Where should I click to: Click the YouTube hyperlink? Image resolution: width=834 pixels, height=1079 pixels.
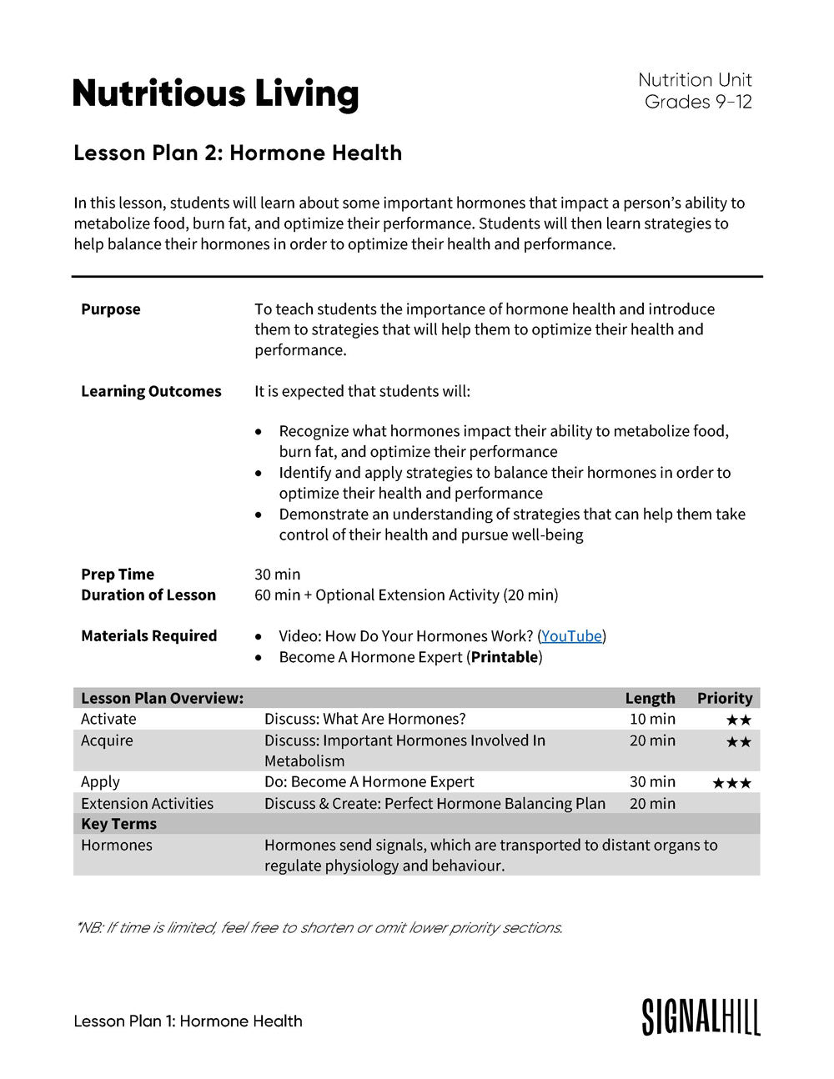(x=571, y=636)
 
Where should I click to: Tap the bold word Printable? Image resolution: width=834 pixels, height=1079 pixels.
(x=504, y=657)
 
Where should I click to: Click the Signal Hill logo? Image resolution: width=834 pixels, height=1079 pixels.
(x=701, y=1016)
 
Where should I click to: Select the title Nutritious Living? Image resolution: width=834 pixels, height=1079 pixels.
(x=215, y=93)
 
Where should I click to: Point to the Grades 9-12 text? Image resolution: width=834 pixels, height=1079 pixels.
(x=698, y=102)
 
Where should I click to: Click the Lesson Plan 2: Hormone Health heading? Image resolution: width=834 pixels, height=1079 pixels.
(x=238, y=153)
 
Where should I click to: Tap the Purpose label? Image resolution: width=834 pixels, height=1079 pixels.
(x=111, y=309)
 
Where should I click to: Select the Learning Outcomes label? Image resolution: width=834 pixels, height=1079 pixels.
(x=151, y=391)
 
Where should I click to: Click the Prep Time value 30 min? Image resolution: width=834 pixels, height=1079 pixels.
(x=277, y=575)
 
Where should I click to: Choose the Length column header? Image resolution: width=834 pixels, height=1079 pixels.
(x=650, y=698)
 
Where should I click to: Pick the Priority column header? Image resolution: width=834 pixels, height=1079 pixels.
(x=724, y=698)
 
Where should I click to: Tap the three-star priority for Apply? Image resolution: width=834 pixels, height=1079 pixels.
(x=731, y=783)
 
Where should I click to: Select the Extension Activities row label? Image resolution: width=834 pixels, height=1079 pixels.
(x=147, y=803)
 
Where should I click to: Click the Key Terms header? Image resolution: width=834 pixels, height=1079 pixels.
(x=118, y=824)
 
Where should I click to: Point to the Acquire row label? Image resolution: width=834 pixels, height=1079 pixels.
(x=107, y=740)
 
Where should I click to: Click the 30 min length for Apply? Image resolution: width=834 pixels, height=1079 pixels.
(x=652, y=781)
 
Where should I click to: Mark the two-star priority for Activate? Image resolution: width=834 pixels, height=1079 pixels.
(x=738, y=720)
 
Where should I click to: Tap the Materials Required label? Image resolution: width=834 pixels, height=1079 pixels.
(x=148, y=636)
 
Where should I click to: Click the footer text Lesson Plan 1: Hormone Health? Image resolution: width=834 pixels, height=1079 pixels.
(x=188, y=1021)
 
